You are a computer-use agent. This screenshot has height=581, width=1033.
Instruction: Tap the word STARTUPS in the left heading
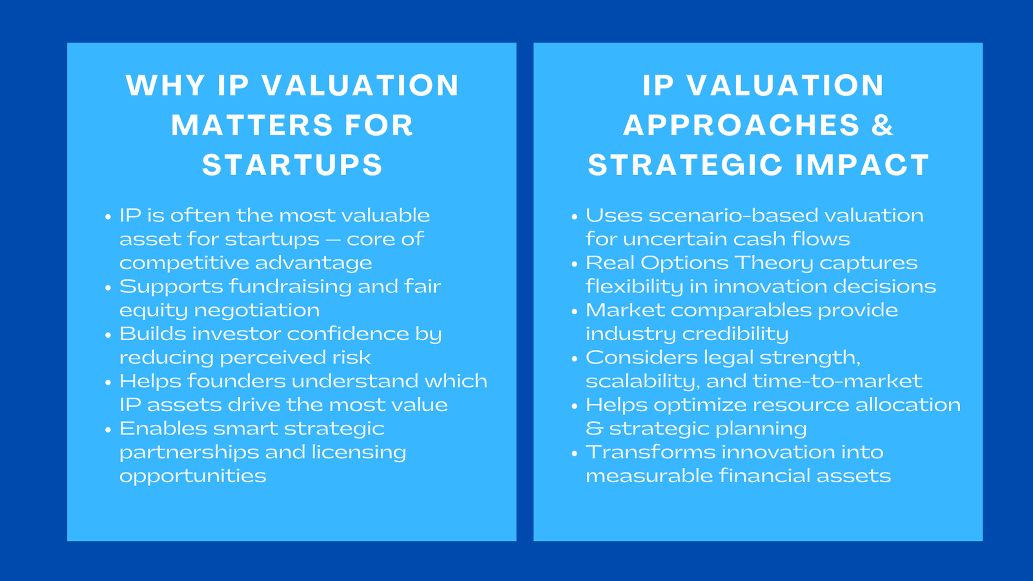[x=292, y=165]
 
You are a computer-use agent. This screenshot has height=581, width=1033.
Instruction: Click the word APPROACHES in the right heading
[x=742, y=125]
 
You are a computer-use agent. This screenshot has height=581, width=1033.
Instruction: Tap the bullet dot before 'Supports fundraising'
[x=108, y=288]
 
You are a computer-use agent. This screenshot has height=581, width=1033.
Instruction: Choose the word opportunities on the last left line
[x=192, y=476]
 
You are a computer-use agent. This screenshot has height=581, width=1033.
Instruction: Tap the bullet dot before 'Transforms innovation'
[x=574, y=454]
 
